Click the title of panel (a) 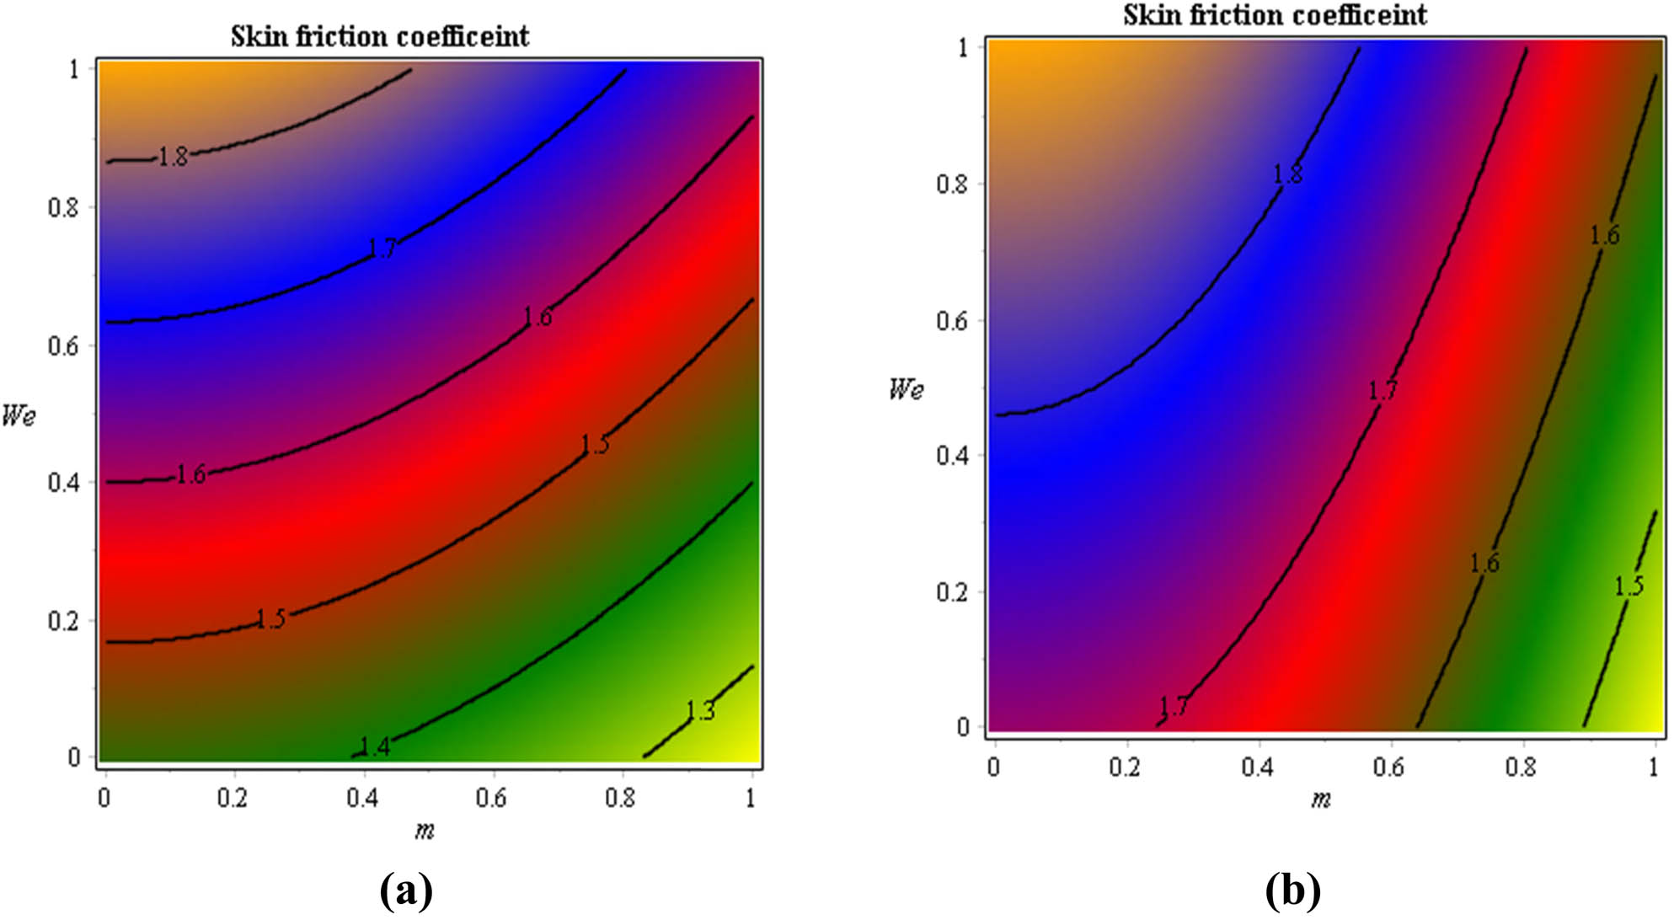click(x=380, y=36)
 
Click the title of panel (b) click(x=1275, y=14)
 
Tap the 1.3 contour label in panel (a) click(x=700, y=711)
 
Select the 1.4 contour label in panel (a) click(x=374, y=746)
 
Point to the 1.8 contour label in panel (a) click(x=174, y=157)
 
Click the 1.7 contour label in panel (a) click(x=382, y=248)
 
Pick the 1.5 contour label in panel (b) click(x=1629, y=586)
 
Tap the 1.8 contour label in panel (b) click(x=1287, y=174)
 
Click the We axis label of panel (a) click(x=19, y=415)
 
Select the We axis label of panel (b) click(x=907, y=389)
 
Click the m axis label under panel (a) click(x=424, y=832)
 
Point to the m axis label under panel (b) click(x=1320, y=800)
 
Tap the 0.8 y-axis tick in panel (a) click(x=63, y=207)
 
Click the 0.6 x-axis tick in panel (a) click(x=491, y=798)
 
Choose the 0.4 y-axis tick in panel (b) click(x=953, y=456)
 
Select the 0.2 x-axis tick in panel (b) click(x=1125, y=768)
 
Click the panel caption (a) click(x=407, y=891)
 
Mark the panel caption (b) click(x=1292, y=891)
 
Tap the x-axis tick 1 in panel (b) click(x=1654, y=768)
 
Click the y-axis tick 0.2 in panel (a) click(x=63, y=621)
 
